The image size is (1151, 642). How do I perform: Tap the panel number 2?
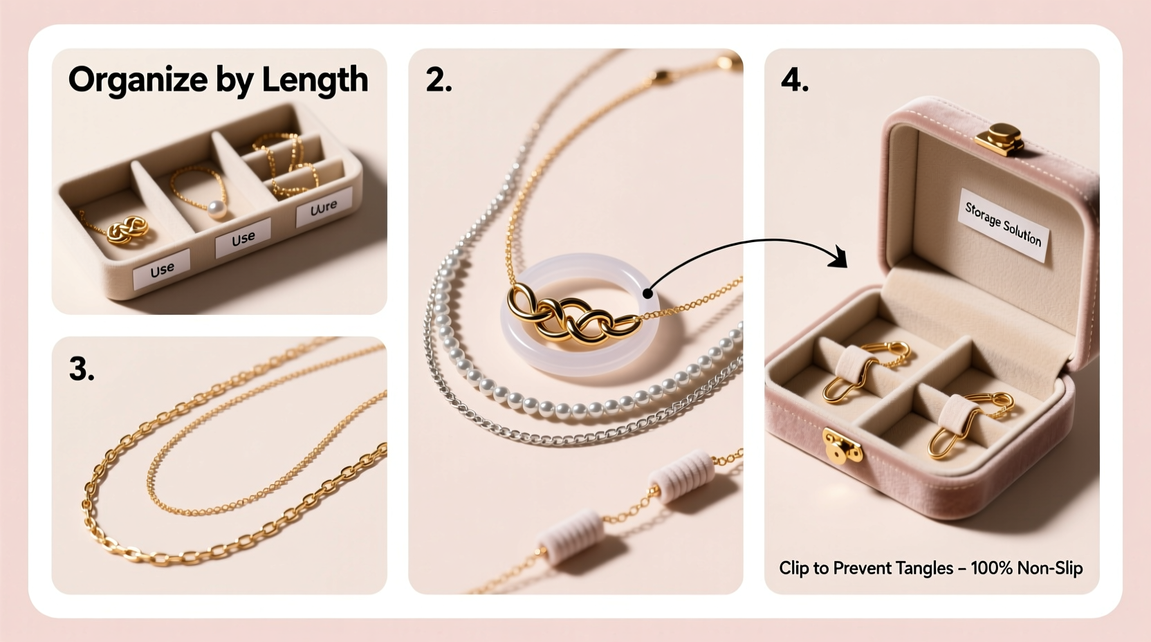click(x=438, y=80)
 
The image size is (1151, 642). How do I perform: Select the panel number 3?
click(x=81, y=369)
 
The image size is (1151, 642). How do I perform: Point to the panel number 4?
click(x=794, y=80)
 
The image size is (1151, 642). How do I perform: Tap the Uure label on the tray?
click(x=323, y=208)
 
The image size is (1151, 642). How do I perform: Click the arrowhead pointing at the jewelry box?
click(x=839, y=257)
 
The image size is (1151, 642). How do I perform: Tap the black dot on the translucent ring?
click(x=647, y=293)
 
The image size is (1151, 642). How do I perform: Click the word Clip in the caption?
click(x=793, y=568)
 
